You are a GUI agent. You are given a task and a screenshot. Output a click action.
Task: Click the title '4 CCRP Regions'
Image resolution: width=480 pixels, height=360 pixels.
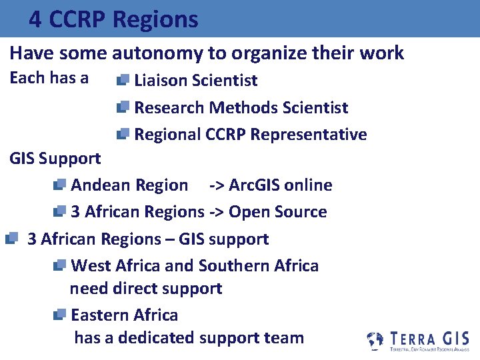(x=113, y=19)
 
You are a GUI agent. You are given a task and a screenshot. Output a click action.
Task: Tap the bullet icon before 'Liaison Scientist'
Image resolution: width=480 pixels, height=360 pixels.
(x=123, y=81)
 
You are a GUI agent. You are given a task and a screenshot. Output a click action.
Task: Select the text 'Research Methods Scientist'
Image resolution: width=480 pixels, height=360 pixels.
(x=241, y=107)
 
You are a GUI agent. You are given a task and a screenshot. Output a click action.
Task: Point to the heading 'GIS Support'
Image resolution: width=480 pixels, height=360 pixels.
(x=55, y=159)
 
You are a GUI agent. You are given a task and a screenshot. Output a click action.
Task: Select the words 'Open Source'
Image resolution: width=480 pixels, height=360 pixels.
(x=277, y=212)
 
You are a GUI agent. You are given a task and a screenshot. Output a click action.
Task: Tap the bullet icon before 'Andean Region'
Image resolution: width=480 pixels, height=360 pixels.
(x=59, y=185)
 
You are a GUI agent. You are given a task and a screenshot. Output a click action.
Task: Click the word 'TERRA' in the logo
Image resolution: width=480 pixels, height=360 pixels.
(x=413, y=338)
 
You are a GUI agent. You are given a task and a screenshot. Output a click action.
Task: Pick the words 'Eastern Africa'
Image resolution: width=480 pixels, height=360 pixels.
(x=124, y=315)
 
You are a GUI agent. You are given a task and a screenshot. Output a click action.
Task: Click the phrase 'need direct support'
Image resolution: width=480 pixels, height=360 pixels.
(x=145, y=289)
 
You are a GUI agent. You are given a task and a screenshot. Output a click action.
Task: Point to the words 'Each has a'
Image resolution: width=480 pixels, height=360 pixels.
(x=49, y=78)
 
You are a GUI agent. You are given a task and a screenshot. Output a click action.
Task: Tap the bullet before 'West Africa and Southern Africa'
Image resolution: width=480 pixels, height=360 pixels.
(x=59, y=265)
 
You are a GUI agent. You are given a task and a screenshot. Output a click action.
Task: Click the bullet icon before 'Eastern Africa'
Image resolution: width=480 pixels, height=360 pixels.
(x=59, y=315)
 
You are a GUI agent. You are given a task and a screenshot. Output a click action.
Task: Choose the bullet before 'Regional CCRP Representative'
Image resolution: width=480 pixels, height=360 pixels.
(x=123, y=135)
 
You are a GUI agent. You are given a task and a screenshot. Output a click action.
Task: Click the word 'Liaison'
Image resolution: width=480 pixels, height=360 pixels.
(x=160, y=81)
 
